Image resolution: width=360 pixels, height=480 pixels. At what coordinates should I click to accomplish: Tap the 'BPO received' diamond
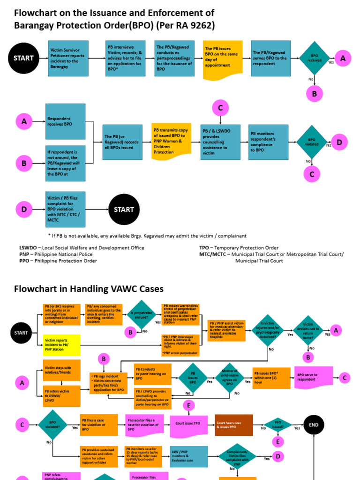314,59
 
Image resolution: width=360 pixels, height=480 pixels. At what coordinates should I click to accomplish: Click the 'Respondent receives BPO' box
65,121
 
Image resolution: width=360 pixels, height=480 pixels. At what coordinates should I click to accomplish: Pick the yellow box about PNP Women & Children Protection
172,142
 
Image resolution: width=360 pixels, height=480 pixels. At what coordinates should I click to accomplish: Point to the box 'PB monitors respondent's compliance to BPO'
268,142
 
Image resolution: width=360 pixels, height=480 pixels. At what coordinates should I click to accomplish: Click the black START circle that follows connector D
124,210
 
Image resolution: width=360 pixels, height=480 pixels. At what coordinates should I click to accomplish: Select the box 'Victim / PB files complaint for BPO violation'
65,210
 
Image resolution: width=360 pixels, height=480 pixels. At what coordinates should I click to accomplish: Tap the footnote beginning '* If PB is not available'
147,236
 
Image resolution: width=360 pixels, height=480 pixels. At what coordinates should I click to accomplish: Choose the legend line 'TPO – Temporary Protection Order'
239,248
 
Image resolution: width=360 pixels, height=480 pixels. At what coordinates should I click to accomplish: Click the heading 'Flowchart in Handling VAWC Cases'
89,289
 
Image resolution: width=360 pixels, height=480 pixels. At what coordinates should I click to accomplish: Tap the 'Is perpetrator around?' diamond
141,314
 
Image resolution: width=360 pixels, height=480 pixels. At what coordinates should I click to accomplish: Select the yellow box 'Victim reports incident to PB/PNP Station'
62,345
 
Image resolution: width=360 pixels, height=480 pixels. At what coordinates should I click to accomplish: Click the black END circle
314,425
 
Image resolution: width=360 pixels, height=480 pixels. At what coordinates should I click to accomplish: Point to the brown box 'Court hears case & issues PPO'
233,425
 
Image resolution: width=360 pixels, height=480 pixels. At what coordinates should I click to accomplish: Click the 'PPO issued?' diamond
278,425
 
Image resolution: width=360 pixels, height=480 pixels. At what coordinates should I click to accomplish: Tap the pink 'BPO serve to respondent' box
313,378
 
